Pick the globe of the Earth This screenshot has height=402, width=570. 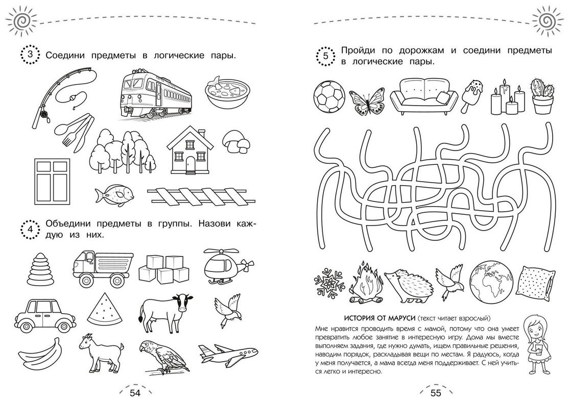[491, 283]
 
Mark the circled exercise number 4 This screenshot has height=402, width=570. [30, 229]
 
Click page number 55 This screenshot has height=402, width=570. [436, 392]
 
